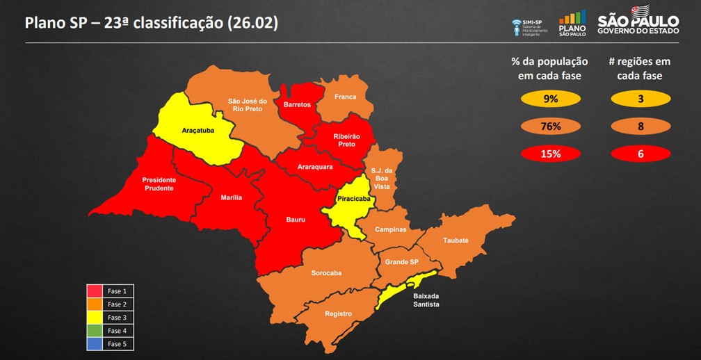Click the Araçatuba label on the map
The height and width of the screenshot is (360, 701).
(198, 130)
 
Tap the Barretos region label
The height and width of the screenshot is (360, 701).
(297, 104)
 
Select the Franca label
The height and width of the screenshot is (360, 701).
(345, 97)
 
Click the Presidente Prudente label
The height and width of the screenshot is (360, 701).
(159, 183)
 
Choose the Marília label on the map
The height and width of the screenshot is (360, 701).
(231, 198)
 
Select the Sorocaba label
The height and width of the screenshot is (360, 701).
(326, 273)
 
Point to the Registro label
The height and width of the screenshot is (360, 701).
(338, 313)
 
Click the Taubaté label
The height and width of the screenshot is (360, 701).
(456, 240)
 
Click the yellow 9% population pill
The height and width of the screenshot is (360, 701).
(551, 99)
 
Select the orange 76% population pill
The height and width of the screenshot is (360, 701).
(551, 126)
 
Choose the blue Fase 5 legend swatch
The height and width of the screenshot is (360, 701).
(95, 344)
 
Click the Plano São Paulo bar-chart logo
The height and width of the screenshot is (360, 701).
(572, 22)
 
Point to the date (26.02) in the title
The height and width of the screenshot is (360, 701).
(252, 22)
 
